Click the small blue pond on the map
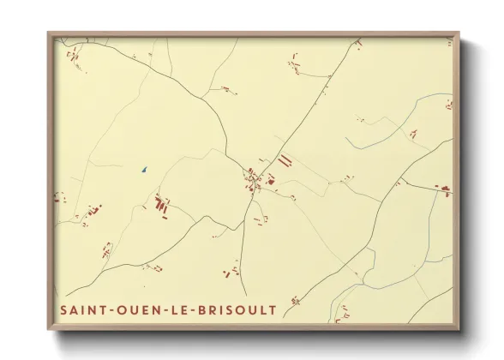[145, 169]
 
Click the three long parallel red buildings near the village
[284, 160]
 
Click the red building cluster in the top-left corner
[73, 57]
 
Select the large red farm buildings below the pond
[160, 204]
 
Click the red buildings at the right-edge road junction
[443, 189]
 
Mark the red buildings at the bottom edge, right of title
[295, 301]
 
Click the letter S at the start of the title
[63, 309]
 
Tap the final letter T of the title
[273, 309]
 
